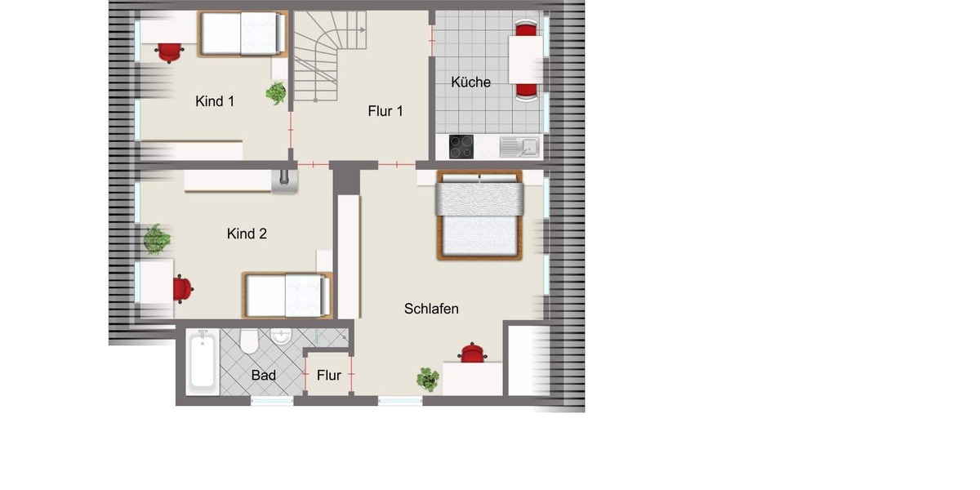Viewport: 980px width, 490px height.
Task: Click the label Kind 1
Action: pyautogui.click(x=215, y=101)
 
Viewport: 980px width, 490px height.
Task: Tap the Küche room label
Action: pyautogui.click(x=470, y=82)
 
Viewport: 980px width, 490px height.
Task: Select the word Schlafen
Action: pyautogui.click(x=431, y=309)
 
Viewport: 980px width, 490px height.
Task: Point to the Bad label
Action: pyautogui.click(x=263, y=376)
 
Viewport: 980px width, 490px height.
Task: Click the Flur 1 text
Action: pyautogui.click(x=385, y=111)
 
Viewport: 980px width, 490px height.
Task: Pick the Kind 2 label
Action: pyautogui.click(x=247, y=234)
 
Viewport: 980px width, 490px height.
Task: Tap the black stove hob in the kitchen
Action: pyautogui.click(x=461, y=147)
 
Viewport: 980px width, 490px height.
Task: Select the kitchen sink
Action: pyautogui.click(x=519, y=147)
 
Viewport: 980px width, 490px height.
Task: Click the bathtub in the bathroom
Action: pyautogui.click(x=201, y=362)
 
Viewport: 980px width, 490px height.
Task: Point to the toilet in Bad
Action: pyautogui.click(x=249, y=341)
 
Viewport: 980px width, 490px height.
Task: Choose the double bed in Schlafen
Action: pyautogui.click(x=479, y=215)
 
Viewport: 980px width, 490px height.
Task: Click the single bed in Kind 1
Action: pyautogui.click(x=243, y=33)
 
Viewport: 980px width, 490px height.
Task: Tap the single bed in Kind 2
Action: pyautogui.click(x=287, y=295)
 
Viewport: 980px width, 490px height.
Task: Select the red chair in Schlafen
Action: pyautogui.click(x=472, y=352)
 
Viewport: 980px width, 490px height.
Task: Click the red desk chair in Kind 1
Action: pyautogui.click(x=169, y=52)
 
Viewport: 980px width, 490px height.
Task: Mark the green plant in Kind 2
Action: pyautogui.click(x=157, y=239)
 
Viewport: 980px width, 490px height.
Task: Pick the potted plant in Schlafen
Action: pyautogui.click(x=427, y=379)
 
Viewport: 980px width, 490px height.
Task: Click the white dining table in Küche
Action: pyautogui.click(x=526, y=60)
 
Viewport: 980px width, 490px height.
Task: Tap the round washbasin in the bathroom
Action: pyautogui.click(x=282, y=336)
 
